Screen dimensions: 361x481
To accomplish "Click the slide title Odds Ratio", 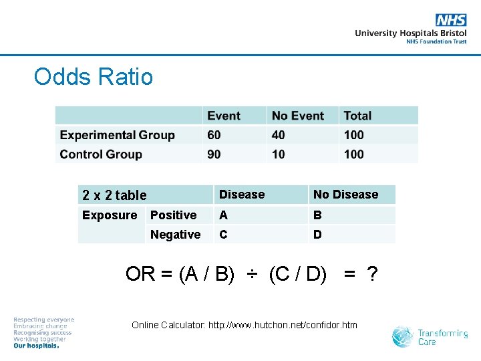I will click(x=93, y=77).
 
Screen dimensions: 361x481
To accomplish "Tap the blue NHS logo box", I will click(x=451, y=20).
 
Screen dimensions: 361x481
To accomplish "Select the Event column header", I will click(x=224, y=116).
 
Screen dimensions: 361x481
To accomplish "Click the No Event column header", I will click(x=298, y=116).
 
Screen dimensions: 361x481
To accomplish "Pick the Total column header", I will click(x=357, y=116).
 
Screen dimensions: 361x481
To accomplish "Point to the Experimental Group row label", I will click(x=117, y=135).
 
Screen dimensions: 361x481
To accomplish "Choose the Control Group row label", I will click(x=101, y=154).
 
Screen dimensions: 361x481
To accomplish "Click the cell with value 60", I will click(x=214, y=135).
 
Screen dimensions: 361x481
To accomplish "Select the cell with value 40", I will click(x=278, y=135).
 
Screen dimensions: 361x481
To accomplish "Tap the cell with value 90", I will click(x=214, y=154).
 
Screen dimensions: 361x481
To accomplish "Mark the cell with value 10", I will click(x=278, y=154).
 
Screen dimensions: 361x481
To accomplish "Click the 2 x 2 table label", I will click(x=114, y=195).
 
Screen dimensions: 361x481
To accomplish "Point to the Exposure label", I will click(x=109, y=215).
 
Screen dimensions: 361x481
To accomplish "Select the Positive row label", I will click(x=173, y=215).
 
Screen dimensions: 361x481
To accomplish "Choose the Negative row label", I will click(x=175, y=235).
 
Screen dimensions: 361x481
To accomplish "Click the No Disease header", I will click(x=345, y=195).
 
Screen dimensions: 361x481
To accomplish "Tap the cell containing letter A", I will click(x=223, y=215).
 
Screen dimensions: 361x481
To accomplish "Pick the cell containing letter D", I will click(x=317, y=235).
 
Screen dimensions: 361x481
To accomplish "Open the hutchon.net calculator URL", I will click(x=283, y=326).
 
